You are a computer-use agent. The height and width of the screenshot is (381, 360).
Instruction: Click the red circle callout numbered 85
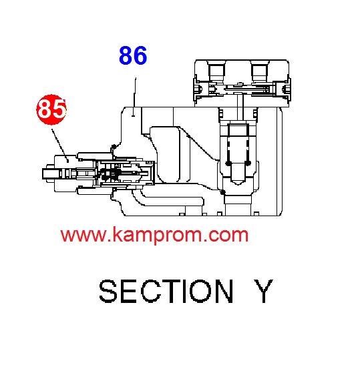click(x=51, y=109)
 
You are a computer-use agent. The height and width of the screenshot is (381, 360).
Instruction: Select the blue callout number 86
click(x=133, y=55)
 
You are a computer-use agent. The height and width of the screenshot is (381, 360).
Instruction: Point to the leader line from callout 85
click(x=60, y=145)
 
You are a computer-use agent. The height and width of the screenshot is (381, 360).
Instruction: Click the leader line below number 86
click(x=134, y=97)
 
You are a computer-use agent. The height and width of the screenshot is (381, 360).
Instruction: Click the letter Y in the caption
click(x=263, y=291)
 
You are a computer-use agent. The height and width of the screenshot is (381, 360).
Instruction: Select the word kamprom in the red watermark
click(x=157, y=236)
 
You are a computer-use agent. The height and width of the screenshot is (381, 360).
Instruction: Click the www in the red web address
click(x=83, y=236)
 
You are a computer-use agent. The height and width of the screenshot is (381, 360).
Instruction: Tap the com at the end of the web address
click(x=228, y=236)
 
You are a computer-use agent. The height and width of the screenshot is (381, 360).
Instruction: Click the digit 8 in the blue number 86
click(x=126, y=55)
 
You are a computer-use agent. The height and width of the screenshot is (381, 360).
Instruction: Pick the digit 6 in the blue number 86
click(x=140, y=55)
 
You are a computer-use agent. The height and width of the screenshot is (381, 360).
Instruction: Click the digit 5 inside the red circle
click(x=59, y=109)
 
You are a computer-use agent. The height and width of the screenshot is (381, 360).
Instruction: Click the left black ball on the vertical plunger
click(x=228, y=163)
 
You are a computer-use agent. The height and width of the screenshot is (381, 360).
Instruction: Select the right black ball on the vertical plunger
click(x=248, y=163)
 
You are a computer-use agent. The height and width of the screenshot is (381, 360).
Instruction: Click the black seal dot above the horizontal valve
click(x=114, y=147)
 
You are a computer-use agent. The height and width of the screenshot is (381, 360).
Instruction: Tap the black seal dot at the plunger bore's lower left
click(x=222, y=192)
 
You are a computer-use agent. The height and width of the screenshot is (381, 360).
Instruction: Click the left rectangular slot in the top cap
click(x=216, y=71)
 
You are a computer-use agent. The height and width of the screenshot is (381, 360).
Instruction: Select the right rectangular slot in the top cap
click(x=260, y=71)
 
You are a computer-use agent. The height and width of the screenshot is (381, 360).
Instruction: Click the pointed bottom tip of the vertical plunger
click(x=238, y=184)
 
